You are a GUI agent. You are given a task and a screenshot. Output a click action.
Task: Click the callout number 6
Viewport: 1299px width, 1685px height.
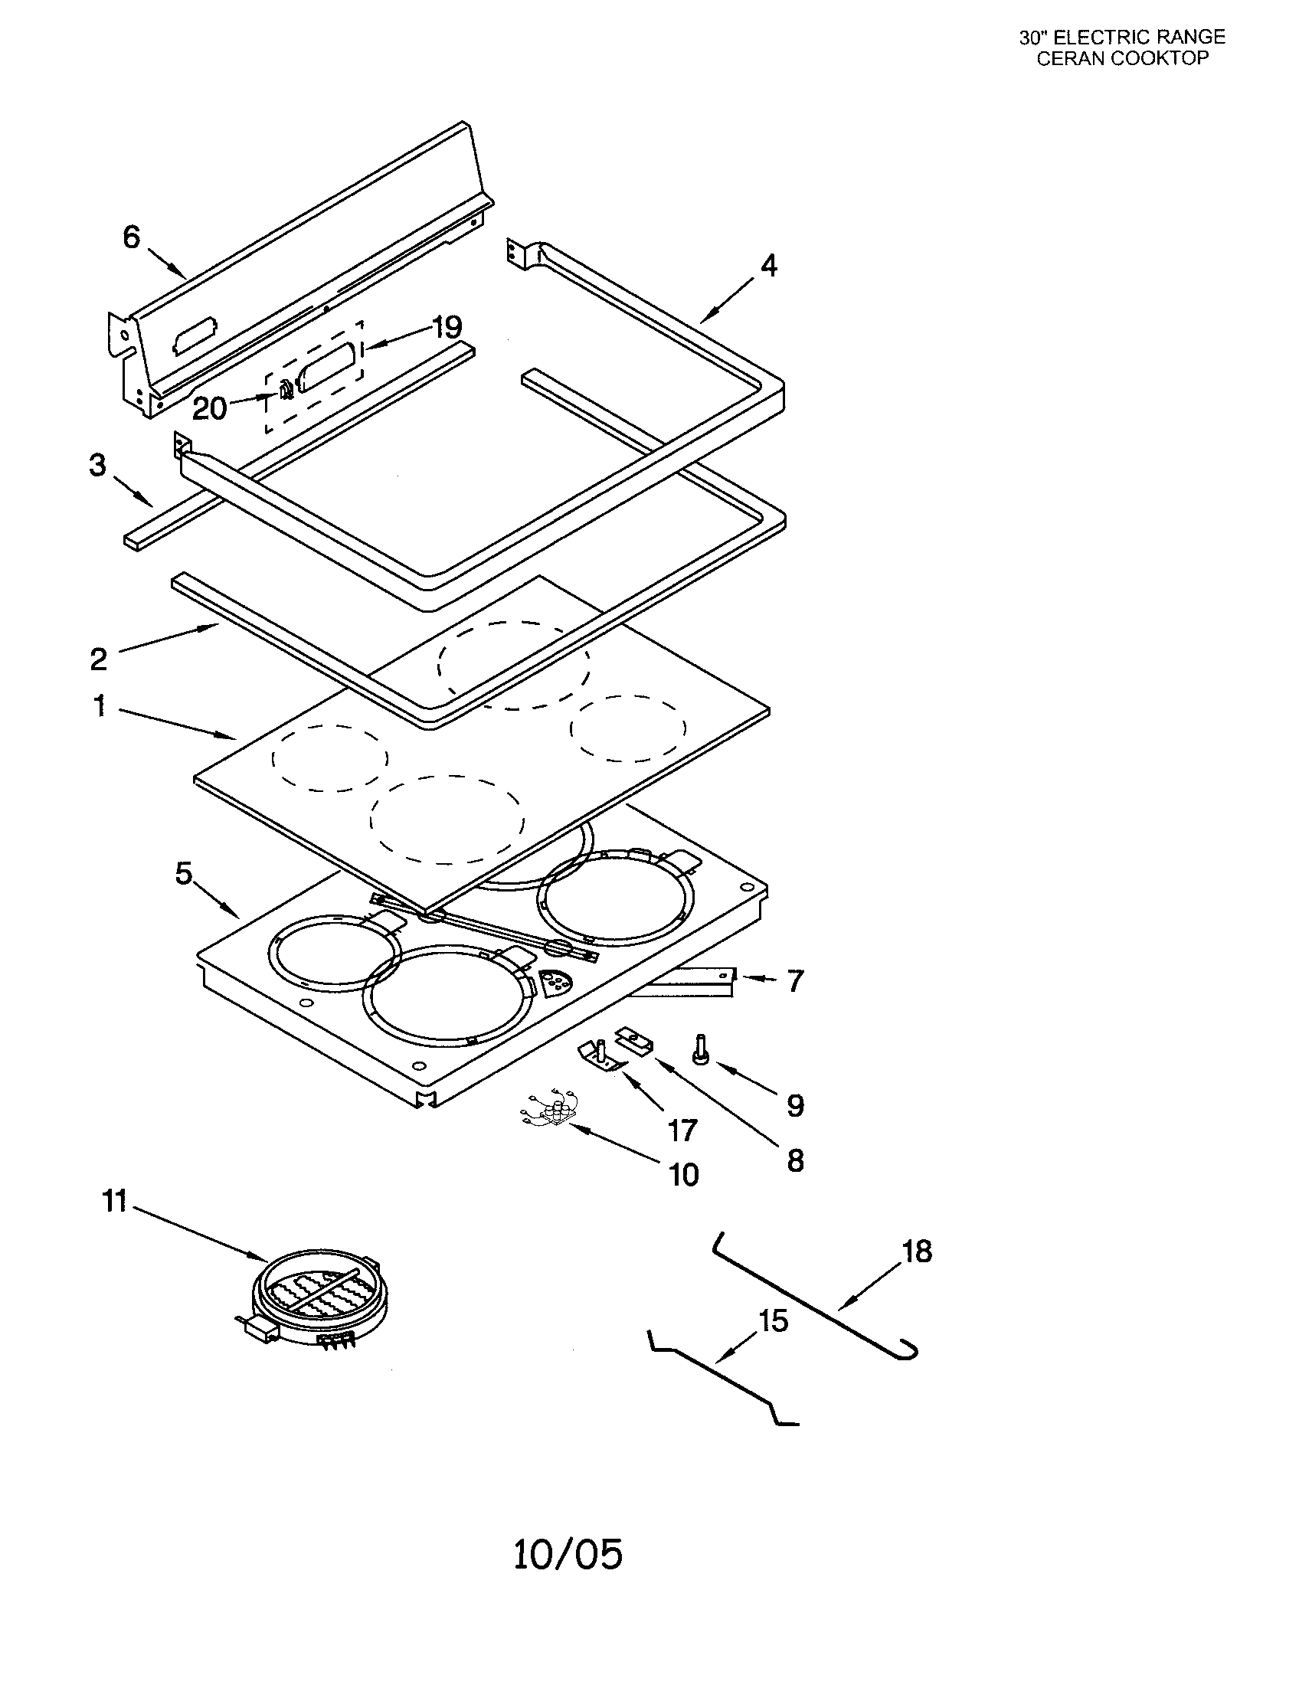(131, 237)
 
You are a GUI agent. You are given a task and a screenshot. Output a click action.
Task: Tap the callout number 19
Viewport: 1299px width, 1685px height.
(447, 327)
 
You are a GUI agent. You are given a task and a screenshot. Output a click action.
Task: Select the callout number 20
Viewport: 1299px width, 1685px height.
(209, 408)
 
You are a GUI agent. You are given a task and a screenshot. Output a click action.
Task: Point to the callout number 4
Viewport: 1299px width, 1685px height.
(768, 267)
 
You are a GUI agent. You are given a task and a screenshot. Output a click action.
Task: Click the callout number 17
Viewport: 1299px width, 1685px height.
(682, 1131)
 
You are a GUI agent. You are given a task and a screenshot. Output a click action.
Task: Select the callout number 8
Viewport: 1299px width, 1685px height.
(795, 1160)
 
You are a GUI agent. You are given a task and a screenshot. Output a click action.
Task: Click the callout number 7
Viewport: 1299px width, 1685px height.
(795, 981)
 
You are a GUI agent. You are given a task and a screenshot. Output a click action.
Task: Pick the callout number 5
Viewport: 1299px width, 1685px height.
(184, 874)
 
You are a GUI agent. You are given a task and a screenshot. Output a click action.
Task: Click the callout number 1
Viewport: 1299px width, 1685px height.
(100, 705)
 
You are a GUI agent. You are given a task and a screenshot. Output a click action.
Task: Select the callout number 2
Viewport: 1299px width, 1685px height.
(98, 659)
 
